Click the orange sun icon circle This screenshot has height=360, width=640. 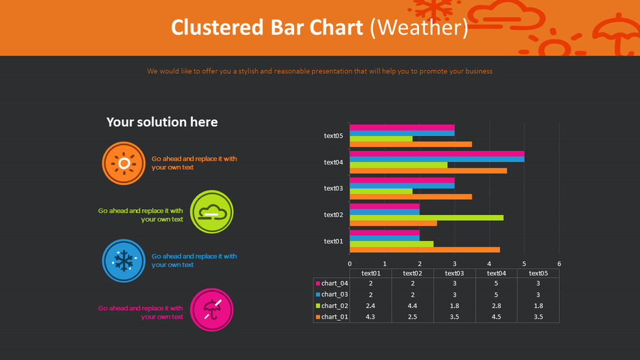[124, 163]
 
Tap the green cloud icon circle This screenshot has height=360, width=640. [212, 212]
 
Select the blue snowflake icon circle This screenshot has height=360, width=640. [124, 261]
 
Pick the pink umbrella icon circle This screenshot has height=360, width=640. [212, 309]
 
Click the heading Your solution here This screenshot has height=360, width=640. [162, 122]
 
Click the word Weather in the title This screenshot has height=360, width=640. [418, 28]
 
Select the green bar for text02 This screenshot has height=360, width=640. [426, 218]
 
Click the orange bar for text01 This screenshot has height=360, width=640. [424, 249]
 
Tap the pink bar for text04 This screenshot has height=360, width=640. [437, 154]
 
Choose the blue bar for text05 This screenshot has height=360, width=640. [402, 133]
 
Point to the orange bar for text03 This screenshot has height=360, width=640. [411, 196]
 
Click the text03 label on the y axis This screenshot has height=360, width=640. [333, 188]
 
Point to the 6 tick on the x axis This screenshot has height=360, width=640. [559, 264]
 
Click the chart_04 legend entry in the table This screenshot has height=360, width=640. [332, 284]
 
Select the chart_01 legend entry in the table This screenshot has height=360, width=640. [332, 317]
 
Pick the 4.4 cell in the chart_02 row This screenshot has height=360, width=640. [413, 306]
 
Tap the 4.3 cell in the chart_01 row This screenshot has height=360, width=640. [371, 317]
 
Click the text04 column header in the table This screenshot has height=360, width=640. [496, 273]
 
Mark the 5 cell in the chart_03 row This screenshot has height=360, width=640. [496, 295]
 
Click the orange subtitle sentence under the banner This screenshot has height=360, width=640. [319, 71]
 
